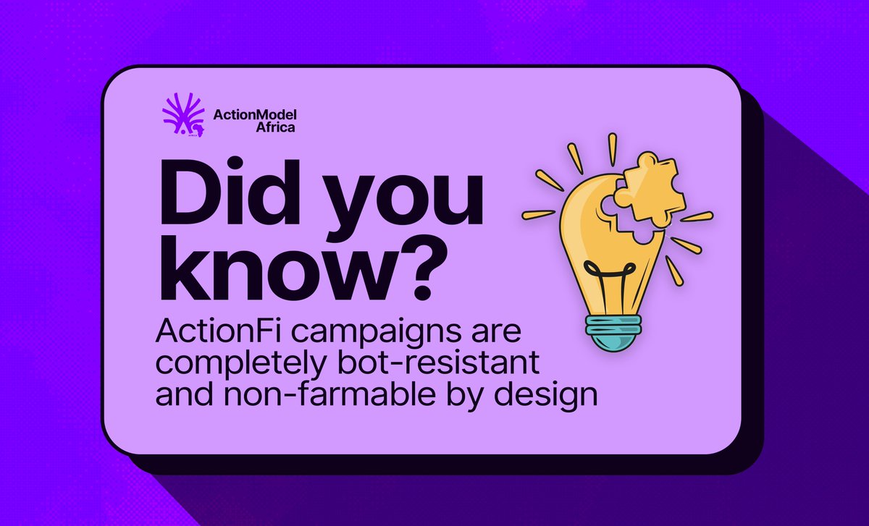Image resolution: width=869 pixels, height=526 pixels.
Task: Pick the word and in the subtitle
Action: pyautogui.click(x=182, y=396)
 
